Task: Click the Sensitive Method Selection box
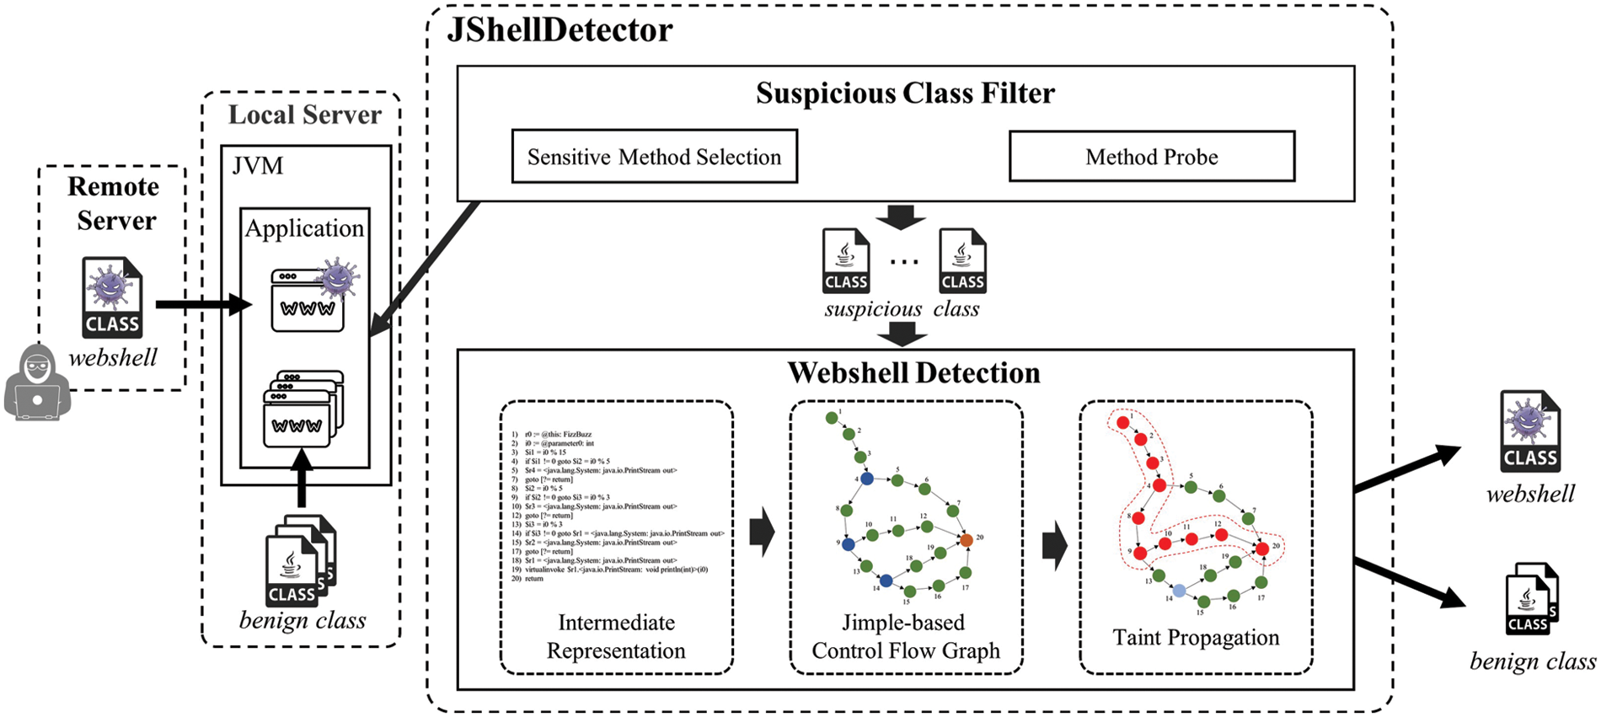click(654, 157)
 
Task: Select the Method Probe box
click(1151, 157)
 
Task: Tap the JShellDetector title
click(560, 31)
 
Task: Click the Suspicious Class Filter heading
click(904, 94)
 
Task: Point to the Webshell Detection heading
click(913, 373)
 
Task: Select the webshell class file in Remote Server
click(112, 297)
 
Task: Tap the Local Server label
click(304, 115)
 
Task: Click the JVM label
click(258, 166)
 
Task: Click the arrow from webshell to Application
click(202, 304)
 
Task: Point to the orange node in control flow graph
click(966, 540)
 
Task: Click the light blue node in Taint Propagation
click(1180, 591)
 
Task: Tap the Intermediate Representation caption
click(616, 636)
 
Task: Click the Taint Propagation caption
click(1195, 638)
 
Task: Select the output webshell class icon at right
click(1529, 431)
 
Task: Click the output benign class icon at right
click(1531, 599)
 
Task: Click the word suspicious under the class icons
click(873, 309)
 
